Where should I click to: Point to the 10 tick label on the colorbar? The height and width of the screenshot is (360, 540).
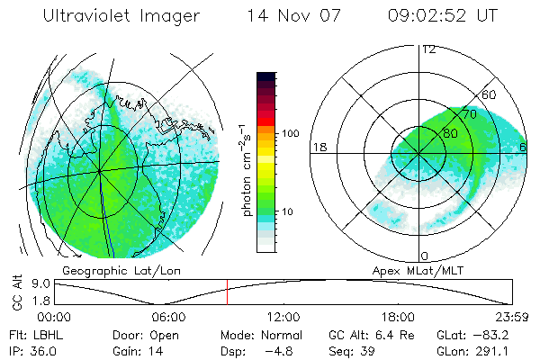pos(289,211)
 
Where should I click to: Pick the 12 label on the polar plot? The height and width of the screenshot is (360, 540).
pos(428,49)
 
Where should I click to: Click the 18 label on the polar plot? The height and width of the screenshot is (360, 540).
pos(318,147)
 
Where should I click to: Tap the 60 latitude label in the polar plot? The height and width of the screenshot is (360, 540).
pos(490,94)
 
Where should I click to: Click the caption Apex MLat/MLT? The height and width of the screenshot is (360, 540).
pos(418,270)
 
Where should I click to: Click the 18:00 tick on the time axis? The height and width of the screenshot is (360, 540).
pos(398,317)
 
